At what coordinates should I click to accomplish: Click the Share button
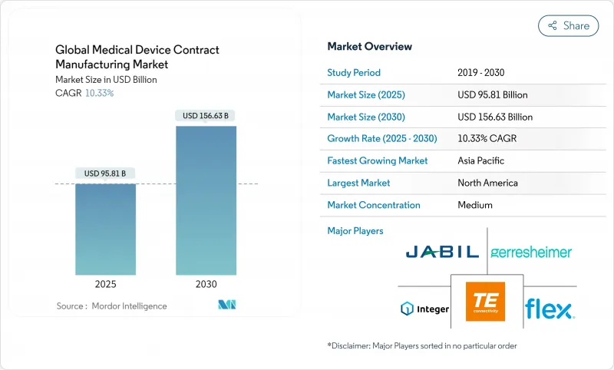[x=568, y=25]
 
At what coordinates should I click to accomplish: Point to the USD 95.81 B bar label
[x=106, y=173]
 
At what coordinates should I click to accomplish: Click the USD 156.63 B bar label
[x=206, y=116]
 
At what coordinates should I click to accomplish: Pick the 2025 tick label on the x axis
[x=106, y=283]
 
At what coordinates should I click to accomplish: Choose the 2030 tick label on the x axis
[x=206, y=283]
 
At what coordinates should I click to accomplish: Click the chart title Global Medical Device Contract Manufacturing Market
[x=137, y=56]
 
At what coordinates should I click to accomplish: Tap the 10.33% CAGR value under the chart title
[x=98, y=93]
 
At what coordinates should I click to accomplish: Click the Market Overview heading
[x=369, y=47]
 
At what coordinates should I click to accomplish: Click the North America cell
[x=487, y=183]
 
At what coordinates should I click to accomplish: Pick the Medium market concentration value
[x=476, y=205]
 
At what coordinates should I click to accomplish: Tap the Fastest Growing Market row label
[x=377, y=161]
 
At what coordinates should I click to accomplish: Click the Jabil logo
[x=442, y=251]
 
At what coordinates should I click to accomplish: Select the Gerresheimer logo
[x=531, y=252]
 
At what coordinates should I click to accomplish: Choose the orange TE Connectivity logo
[x=486, y=301]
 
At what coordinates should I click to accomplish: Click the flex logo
[x=550, y=309]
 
